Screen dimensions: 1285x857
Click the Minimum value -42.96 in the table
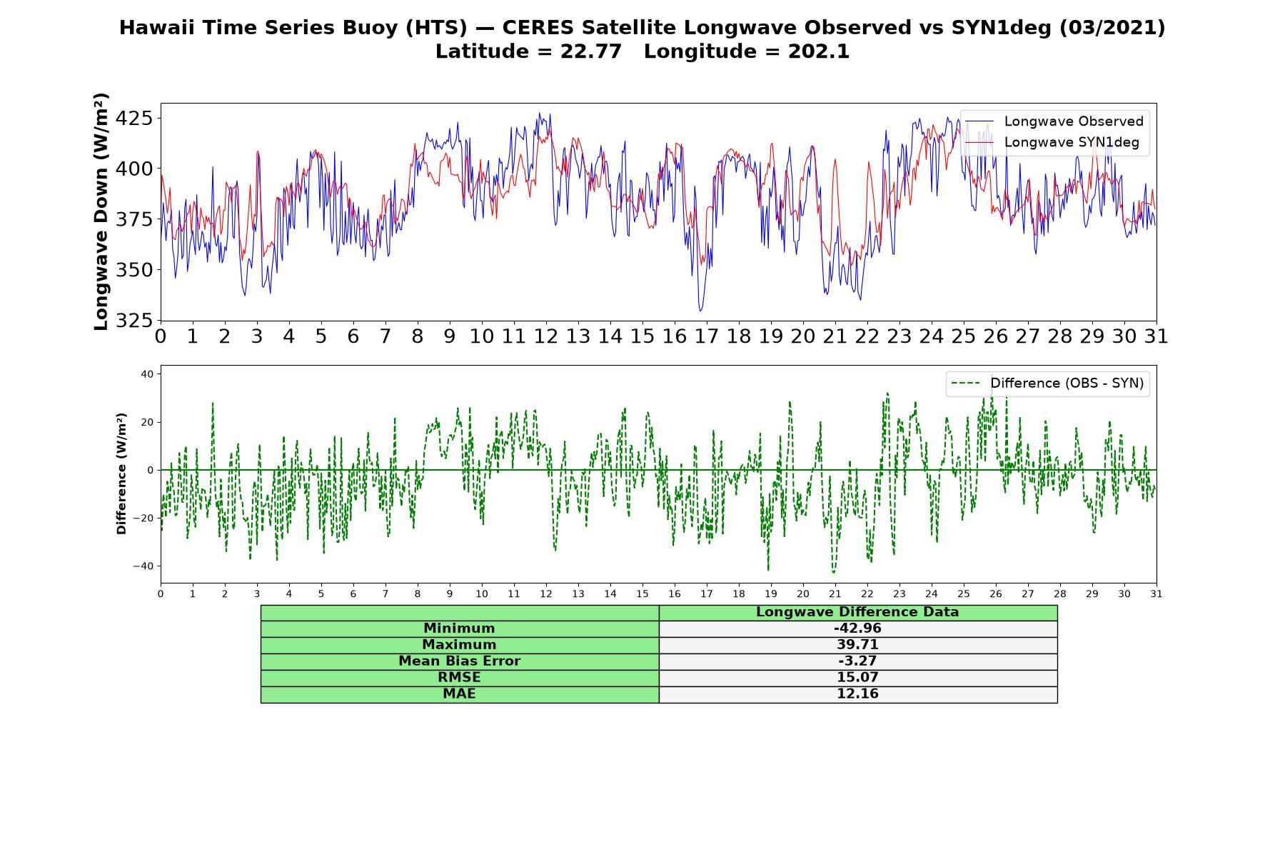click(x=857, y=628)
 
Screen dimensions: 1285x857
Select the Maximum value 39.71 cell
click(x=857, y=645)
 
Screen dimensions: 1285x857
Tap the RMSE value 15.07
click(x=857, y=678)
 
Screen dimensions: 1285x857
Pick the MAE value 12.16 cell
click(x=857, y=694)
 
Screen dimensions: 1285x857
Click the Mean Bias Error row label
click(x=459, y=661)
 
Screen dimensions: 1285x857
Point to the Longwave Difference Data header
click(x=857, y=612)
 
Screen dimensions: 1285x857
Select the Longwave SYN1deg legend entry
click(x=1052, y=142)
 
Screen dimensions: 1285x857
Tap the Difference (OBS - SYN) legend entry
click(x=1047, y=384)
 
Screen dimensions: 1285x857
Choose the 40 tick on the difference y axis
click(x=146, y=374)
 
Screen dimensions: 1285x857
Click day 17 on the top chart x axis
click(x=706, y=336)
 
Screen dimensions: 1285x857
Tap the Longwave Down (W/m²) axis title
click(x=101, y=211)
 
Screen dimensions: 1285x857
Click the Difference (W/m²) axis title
click(x=121, y=473)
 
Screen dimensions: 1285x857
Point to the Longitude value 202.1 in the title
click(x=819, y=51)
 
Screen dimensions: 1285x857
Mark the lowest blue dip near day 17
click(x=700, y=311)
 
